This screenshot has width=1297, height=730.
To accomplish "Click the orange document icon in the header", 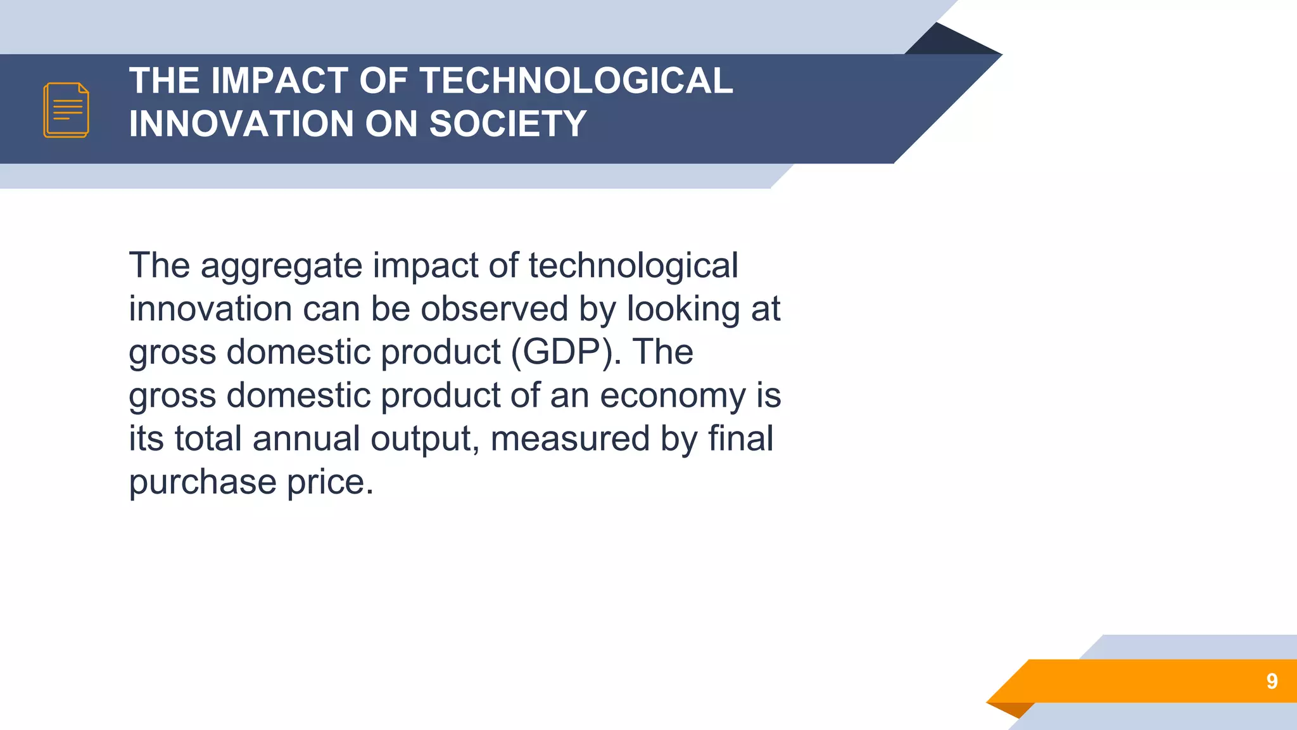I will [x=66, y=110].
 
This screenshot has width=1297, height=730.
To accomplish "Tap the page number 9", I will [x=1272, y=681].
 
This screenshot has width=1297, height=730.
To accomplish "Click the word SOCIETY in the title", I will [x=508, y=124].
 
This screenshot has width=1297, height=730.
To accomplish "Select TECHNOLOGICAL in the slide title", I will [x=576, y=81].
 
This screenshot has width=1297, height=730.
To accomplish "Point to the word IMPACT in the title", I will [x=279, y=81].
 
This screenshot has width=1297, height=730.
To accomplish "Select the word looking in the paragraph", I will [x=683, y=309].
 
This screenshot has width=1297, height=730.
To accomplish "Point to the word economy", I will [x=673, y=396].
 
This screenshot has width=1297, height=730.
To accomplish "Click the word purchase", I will [x=203, y=483].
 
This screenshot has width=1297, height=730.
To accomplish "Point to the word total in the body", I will [x=208, y=439].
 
